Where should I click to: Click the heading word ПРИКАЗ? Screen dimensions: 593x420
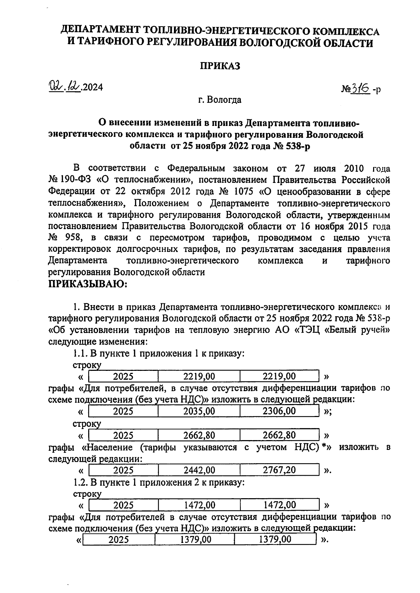point(220,66)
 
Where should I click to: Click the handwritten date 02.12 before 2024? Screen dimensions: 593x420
point(65,86)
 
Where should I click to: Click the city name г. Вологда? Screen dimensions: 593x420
point(219,100)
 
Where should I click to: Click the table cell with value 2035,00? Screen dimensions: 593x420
point(199,411)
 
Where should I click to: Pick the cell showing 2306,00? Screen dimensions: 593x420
point(279,411)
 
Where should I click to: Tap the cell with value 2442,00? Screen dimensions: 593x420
point(199,470)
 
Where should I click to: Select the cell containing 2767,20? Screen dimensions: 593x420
point(279,470)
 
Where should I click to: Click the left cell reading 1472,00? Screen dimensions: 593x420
point(199,505)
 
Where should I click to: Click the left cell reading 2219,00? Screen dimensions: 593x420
point(199,376)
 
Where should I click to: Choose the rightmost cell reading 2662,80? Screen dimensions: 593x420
point(279,435)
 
